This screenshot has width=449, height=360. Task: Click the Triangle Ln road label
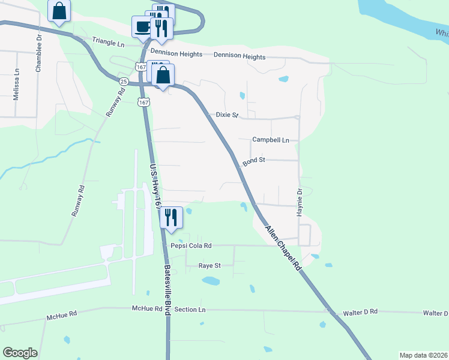click(108, 41)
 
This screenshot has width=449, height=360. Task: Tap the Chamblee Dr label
click(39, 53)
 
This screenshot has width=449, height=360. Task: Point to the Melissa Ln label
click(17, 84)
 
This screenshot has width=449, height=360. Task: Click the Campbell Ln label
click(271, 140)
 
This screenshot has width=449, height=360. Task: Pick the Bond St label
click(254, 161)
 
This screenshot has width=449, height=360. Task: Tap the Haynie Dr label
click(298, 202)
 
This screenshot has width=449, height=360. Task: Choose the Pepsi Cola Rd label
click(191, 245)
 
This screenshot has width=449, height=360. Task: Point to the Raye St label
click(210, 265)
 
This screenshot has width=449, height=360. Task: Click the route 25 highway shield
click(124, 81)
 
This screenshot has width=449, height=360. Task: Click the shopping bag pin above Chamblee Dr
click(59, 11)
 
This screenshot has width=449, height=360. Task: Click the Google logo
click(20, 353)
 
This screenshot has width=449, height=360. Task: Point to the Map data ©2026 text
click(424, 355)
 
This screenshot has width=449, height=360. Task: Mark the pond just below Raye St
click(211, 280)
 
